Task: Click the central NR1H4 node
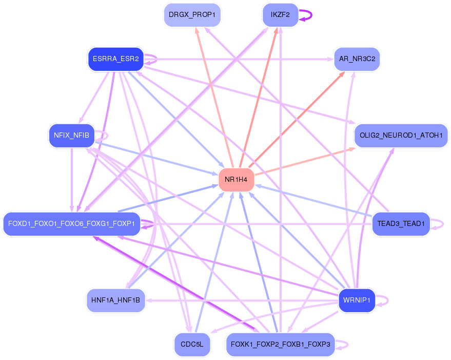[x=236, y=180]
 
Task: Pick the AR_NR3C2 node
[x=357, y=59]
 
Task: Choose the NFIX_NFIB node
[x=71, y=135]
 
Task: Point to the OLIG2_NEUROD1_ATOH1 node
[x=401, y=136]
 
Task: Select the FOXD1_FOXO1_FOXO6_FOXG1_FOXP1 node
[x=71, y=224]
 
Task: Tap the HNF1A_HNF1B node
[x=115, y=300]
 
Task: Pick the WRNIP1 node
[x=357, y=300]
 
